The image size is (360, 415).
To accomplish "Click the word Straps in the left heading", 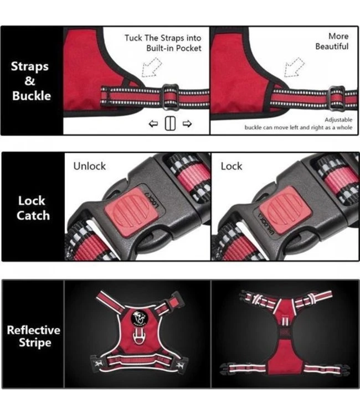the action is pos(30,67).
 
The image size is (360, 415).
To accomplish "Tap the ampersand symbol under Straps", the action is pos(30,81).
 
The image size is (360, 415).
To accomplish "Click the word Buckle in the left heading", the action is pos(31,96).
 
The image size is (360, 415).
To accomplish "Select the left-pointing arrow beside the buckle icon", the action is pos(153,123).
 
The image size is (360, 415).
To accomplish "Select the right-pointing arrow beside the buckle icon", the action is pos(187,123).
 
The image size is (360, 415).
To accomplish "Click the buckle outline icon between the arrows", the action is pos(170,123).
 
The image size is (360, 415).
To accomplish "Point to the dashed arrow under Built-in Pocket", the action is pos(152,67).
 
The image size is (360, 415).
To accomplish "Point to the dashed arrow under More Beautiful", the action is pos(294,67).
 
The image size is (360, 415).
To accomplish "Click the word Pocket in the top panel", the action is pos(189,48).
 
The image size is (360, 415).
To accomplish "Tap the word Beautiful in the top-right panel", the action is pos(332,46).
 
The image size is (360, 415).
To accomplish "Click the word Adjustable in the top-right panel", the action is pos(338,120).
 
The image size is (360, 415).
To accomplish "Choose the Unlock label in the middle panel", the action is pos(90,166).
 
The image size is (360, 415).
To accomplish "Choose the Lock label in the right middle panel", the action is pos(232,166).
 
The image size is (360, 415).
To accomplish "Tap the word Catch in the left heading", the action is pos(33,215).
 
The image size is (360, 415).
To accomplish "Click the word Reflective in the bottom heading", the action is pos(34,330).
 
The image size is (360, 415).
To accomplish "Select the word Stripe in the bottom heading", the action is pos(35,343).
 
